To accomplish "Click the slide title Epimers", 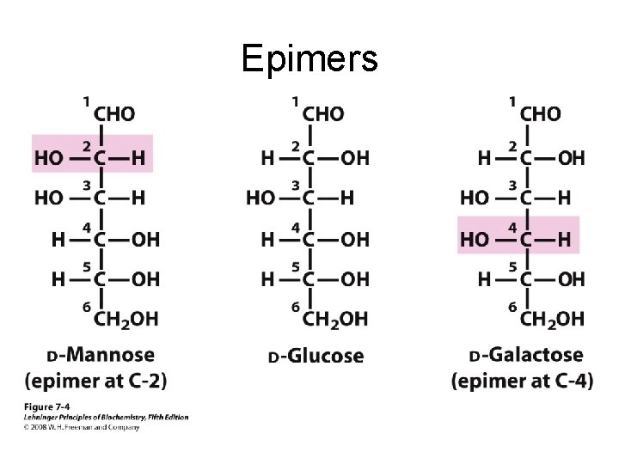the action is coord(309,58).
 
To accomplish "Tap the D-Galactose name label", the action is coord(526,355).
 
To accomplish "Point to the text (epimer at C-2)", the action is coord(96,380).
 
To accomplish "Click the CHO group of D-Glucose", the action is coord(323,114).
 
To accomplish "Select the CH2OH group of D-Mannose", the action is coord(126,319).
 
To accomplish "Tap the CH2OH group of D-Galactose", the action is coord(552,319).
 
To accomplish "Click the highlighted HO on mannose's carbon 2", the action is coord(49,157).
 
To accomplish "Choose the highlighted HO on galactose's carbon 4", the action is coord(475,239).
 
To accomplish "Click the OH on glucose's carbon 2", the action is coord(354,157).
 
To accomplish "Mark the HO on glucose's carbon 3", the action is coord(261,198).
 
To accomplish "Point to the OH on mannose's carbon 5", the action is coord(145,279).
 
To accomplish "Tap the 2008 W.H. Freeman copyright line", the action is coord(83,427).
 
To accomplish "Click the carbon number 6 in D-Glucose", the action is coord(295,307).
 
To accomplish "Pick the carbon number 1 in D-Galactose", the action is coord(512,102).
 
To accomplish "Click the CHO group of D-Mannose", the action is coord(113,114).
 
